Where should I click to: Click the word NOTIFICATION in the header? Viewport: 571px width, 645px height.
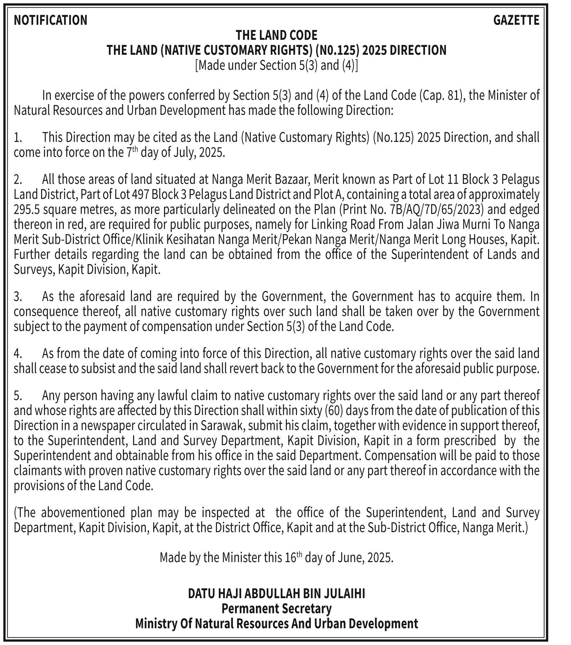tap(50, 20)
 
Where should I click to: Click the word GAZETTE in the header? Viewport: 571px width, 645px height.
tap(516, 20)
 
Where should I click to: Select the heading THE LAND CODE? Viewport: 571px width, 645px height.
tap(276, 35)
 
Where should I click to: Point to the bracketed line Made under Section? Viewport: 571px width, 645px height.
tap(276, 66)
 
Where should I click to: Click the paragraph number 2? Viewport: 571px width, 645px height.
tap(18, 179)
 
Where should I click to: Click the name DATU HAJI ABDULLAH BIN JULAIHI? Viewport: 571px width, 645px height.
tap(276, 593)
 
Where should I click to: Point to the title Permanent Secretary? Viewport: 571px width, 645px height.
tap(276, 609)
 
